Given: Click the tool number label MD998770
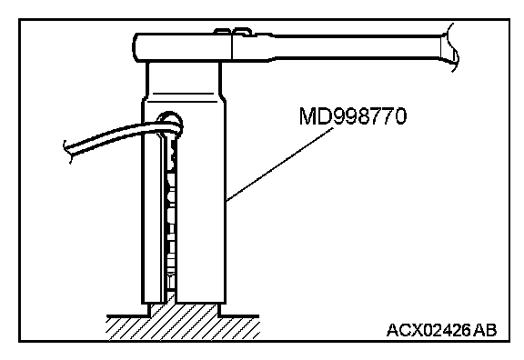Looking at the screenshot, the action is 353,116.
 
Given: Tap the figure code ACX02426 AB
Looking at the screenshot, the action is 441,330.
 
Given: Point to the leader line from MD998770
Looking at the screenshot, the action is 279,165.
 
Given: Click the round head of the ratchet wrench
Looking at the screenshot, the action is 183,48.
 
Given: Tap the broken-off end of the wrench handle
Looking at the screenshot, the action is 450,47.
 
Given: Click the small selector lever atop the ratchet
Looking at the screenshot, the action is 233,32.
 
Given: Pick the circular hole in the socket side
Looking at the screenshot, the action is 170,124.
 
